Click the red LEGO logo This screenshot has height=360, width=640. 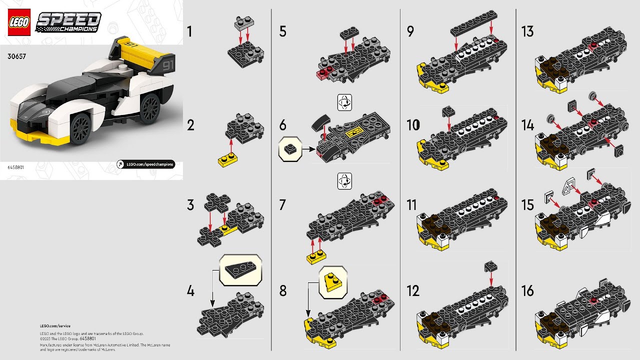pyautogui.click(x=19, y=22)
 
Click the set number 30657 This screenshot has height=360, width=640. pyautogui.click(x=16, y=56)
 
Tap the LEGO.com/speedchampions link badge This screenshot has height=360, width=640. pyautogui.click(x=145, y=164)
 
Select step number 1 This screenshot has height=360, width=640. pyautogui.click(x=189, y=32)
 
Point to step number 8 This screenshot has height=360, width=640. pyautogui.click(x=283, y=290)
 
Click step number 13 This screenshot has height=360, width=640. pyautogui.click(x=527, y=32)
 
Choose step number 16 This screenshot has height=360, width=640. pyautogui.click(x=527, y=290)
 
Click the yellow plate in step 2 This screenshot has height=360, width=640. pyautogui.click(x=228, y=160)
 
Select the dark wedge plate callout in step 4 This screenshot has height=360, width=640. pyautogui.click(x=240, y=270)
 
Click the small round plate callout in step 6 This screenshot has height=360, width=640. pyautogui.click(x=290, y=149)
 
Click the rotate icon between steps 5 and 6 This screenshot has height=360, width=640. pyautogui.click(x=345, y=102)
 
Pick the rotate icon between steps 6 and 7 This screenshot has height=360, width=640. pyautogui.click(x=345, y=181)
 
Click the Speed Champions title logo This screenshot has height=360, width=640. pyautogui.click(x=68, y=22)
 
